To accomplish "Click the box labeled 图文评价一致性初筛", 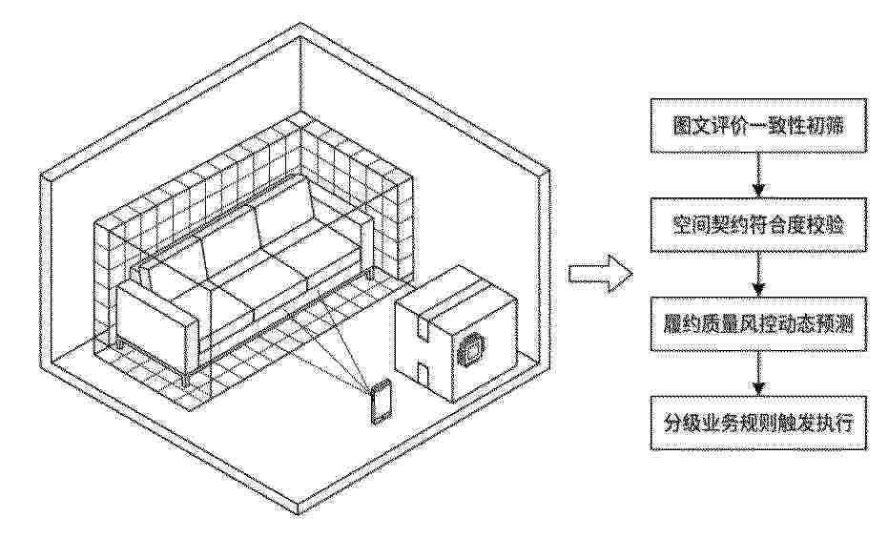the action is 758,125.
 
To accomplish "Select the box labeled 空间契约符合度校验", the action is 758,225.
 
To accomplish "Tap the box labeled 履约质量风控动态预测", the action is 758,324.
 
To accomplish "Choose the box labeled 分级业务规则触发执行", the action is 758,423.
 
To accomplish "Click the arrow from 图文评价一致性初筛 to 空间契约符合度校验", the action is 758,175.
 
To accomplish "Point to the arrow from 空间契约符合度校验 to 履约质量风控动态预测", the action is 758,275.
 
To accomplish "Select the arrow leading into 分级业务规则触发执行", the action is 758,374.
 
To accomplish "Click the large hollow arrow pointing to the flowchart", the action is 600,274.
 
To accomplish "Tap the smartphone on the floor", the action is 381,403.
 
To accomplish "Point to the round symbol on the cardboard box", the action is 471,350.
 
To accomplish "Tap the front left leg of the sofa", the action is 185,380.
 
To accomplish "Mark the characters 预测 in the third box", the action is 833,324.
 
